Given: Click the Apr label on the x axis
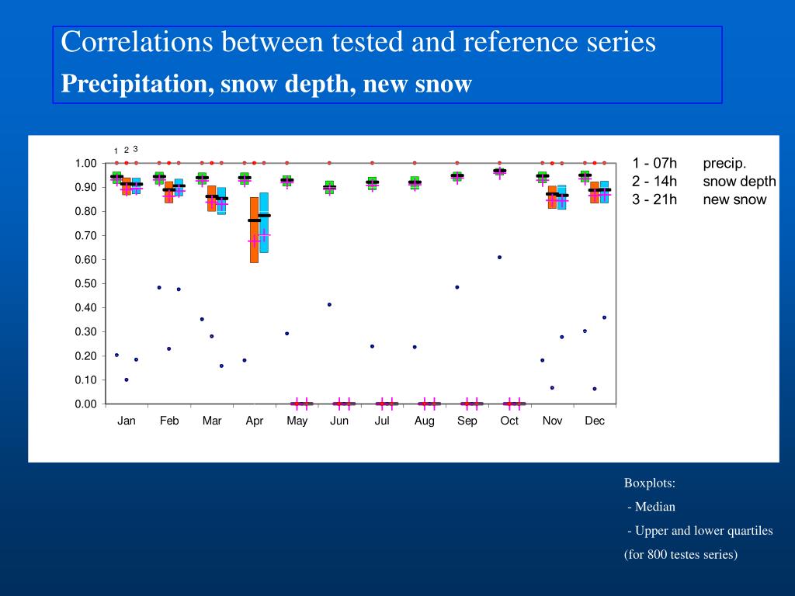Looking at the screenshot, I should coord(255,421).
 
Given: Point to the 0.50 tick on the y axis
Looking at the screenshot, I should coord(85,283).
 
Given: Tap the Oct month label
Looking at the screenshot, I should coord(509,421).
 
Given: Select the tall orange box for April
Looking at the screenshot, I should coord(254,230).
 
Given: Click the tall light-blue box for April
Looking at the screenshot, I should coord(264,223).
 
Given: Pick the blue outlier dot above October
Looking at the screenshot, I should coord(499,257).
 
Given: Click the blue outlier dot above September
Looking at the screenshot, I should coord(457,287).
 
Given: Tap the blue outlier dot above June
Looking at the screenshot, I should coord(329,304).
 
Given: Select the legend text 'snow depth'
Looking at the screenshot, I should coord(739,182).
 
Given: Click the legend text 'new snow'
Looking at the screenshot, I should coord(734,199).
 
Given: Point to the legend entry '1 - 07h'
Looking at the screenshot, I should coord(654,163).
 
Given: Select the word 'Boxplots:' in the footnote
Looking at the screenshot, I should coord(650,483).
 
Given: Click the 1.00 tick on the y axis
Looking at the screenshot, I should coord(85,163).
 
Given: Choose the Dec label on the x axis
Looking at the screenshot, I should coord(595,421).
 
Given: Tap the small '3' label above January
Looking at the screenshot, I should coord(135,148).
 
